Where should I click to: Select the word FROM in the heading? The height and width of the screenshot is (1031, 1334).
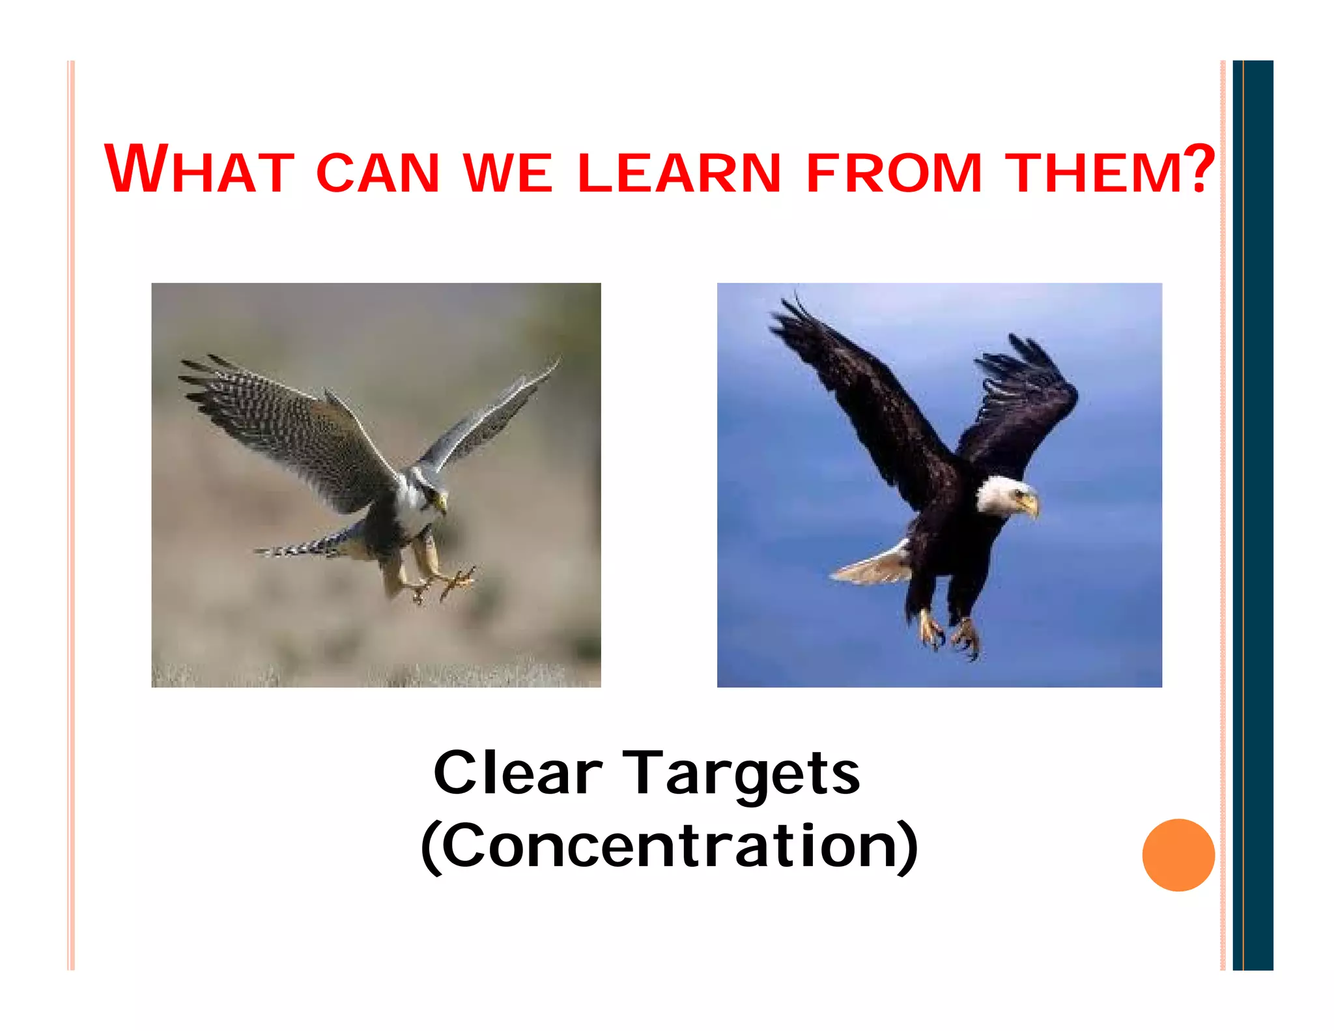893,173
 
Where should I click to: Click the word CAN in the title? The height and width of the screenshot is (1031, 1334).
378,173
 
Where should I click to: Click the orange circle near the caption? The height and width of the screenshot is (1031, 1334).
1178,854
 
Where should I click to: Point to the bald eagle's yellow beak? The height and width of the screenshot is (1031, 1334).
1030,505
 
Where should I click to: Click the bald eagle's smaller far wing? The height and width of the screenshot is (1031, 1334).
1023,404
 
